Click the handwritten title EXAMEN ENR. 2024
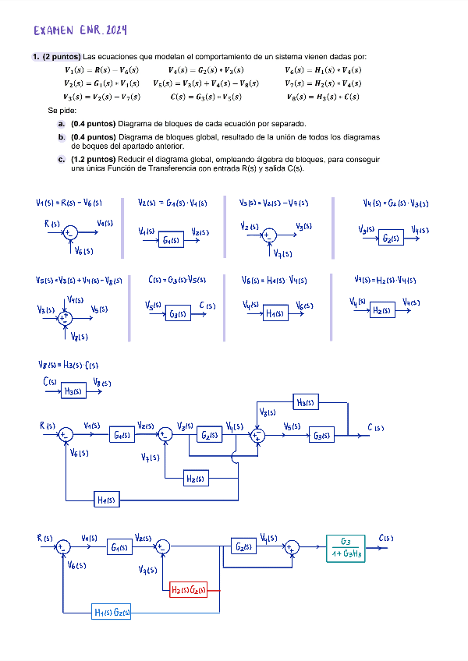[80, 31]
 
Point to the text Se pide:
[60, 111]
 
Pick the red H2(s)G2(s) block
[189, 591]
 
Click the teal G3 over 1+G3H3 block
[346, 547]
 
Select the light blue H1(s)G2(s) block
[112, 613]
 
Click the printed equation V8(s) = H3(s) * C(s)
[323, 97]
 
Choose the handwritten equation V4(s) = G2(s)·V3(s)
[395, 204]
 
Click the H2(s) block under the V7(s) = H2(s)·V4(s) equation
[381, 310]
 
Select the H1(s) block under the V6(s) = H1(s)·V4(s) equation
[274, 313]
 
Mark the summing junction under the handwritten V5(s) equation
[66, 317]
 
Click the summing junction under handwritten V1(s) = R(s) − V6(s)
[69, 232]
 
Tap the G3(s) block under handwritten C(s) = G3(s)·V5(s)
[178, 314]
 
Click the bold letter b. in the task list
[62, 136]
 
